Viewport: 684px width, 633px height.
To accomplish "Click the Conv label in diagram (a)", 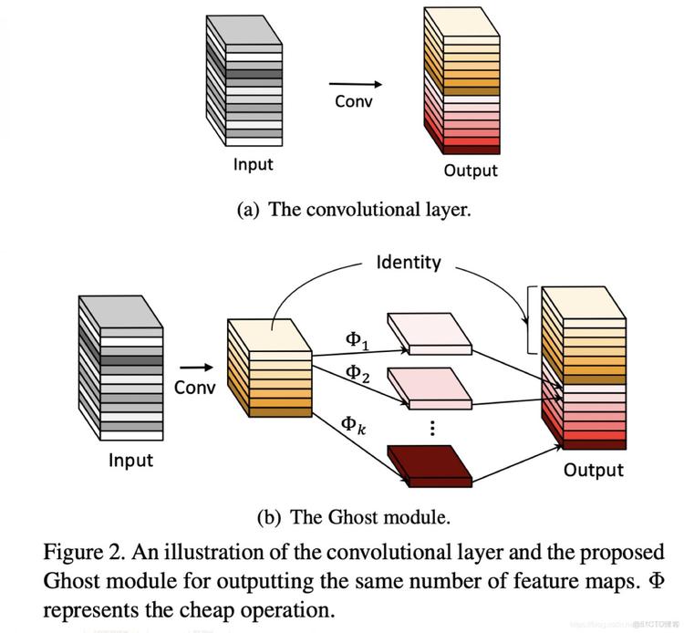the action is click(x=354, y=101).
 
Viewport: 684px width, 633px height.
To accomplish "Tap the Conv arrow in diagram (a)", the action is click(x=356, y=84).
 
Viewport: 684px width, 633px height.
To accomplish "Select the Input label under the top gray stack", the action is click(x=253, y=164).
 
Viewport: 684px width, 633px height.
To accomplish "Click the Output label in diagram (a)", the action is click(x=471, y=171).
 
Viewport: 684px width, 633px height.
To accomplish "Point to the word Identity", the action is click(x=409, y=262).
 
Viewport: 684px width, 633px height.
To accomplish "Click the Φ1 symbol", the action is click(x=358, y=341).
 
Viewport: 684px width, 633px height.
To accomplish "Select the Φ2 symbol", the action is click(x=358, y=374).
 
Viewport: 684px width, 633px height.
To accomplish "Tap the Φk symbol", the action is click(x=353, y=424).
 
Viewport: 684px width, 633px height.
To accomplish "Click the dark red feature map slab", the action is click(x=430, y=466).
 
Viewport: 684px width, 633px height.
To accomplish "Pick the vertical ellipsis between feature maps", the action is click(x=432, y=428).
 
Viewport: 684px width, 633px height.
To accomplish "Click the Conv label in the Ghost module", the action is click(x=194, y=388).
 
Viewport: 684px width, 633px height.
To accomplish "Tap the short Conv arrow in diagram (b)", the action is click(x=197, y=368).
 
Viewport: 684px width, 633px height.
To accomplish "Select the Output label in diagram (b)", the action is click(x=594, y=470).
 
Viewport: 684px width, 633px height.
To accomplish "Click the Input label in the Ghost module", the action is click(x=130, y=461).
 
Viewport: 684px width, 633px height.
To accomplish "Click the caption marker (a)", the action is click(x=248, y=210).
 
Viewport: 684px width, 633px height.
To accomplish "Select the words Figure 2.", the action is click(x=84, y=553).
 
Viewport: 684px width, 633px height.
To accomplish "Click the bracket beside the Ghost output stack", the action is click(x=530, y=320).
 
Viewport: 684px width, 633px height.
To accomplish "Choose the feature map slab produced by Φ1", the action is click(x=430, y=334).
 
